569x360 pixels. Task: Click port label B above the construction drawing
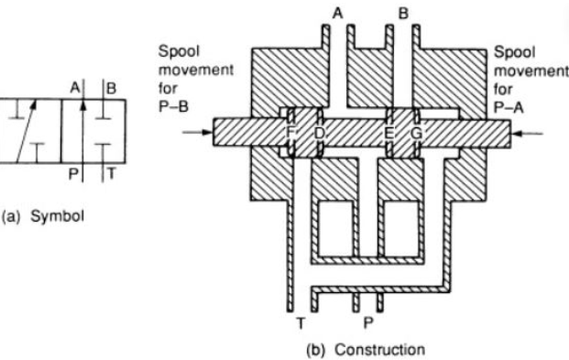tap(401, 13)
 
